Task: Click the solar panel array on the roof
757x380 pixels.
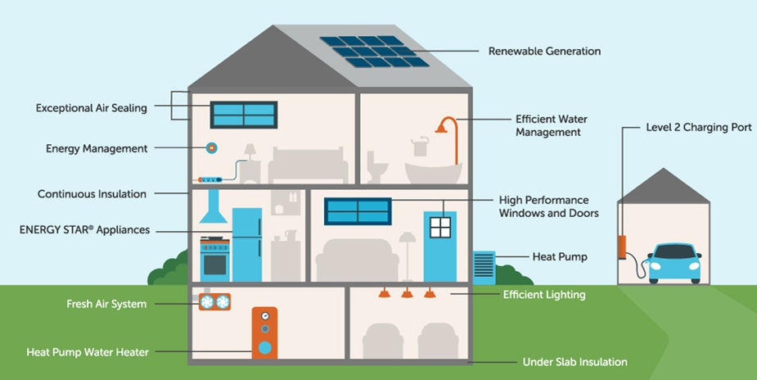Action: [x=374, y=51]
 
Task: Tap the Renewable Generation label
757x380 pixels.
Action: [x=544, y=51]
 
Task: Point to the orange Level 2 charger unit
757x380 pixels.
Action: [x=622, y=246]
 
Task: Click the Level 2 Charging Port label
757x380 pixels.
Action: [x=698, y=128]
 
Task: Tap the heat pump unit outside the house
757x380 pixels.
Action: [x=484, y=267]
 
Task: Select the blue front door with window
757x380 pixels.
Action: [x=439, y=245]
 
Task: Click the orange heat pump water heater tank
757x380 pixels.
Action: [x=264, y=334]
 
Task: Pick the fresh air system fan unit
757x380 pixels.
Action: [x=214, y=302]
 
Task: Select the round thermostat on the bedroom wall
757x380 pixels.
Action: [x=211, y=147]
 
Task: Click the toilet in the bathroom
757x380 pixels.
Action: [x=377, y=169]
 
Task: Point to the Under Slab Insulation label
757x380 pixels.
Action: [x=575, y=362]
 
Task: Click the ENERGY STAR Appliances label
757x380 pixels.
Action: [x=84, y=230]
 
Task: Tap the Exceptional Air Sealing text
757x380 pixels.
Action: [x=92, y=108]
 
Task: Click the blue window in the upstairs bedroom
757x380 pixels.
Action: [x=244, y=115]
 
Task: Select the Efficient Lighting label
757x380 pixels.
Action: [x=544, y=295]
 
